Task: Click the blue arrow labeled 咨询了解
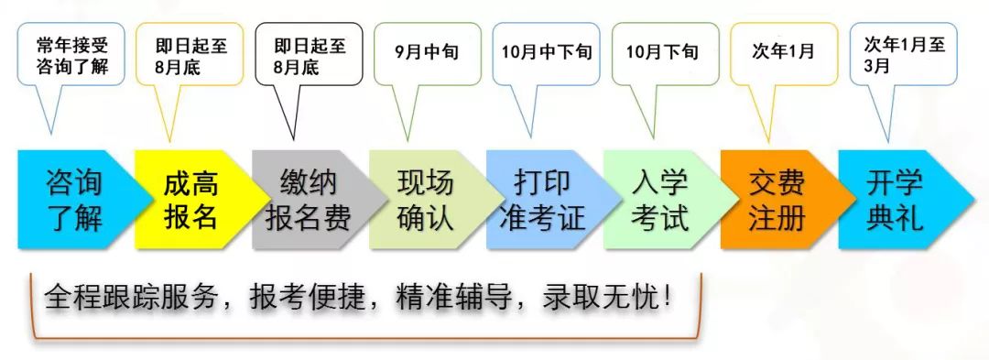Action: click(75, 201)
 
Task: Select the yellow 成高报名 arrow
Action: click(191, 201)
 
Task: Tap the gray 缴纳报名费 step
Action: click(308, 201)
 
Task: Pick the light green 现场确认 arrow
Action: click(425, 201)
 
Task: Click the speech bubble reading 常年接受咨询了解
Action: click(71, 56)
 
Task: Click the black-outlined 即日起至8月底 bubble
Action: click(309, 58)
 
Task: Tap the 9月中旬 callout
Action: click(427, 53)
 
